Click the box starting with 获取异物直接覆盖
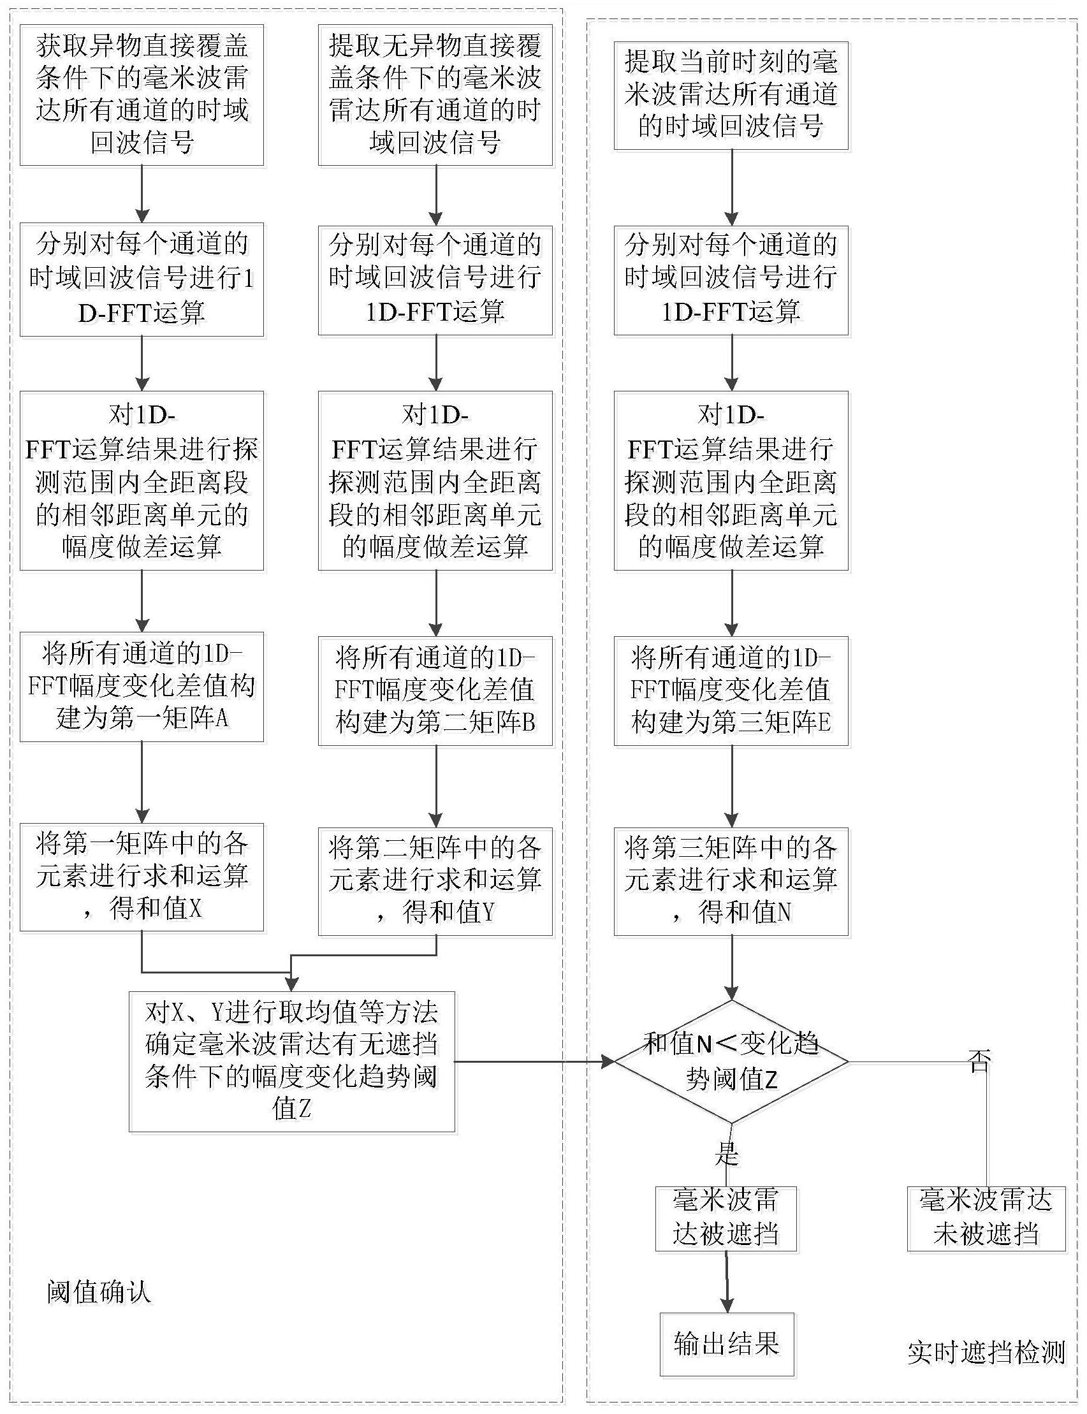click(142, 95)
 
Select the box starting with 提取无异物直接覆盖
click(435, 95)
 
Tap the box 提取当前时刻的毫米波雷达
click(731, 96)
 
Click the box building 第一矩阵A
click(142, 687)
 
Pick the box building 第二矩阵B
click(435, 691)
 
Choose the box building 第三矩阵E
click(731, 691)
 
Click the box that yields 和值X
click(142, 877)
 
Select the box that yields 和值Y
click(435, 881)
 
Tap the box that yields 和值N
click(731, 881)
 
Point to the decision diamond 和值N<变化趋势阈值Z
click(731, 1061)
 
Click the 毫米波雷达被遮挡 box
click(726, 1219)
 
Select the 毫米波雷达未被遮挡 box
click(986, 1219)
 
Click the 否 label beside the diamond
click(980, 1061)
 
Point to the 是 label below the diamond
click(727, 1153)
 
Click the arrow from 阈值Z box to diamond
click(535, 1061)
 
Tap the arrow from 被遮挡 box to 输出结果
click(727, 1282)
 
